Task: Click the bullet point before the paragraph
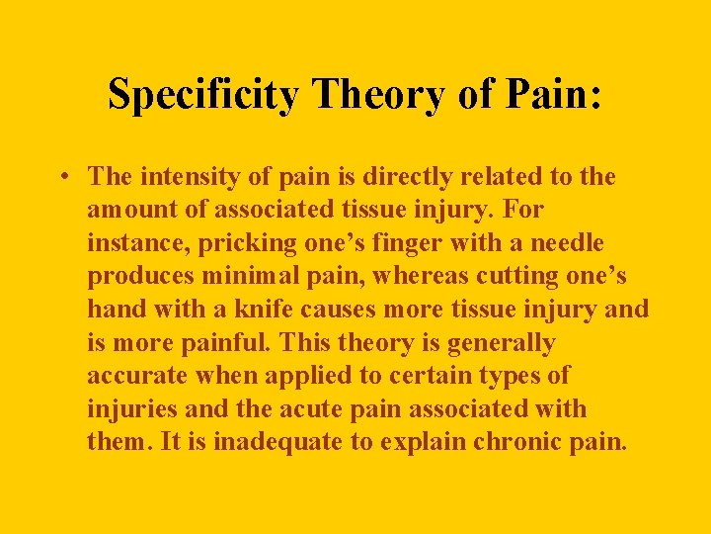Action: (62, 178)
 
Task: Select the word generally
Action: (503, 343)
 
